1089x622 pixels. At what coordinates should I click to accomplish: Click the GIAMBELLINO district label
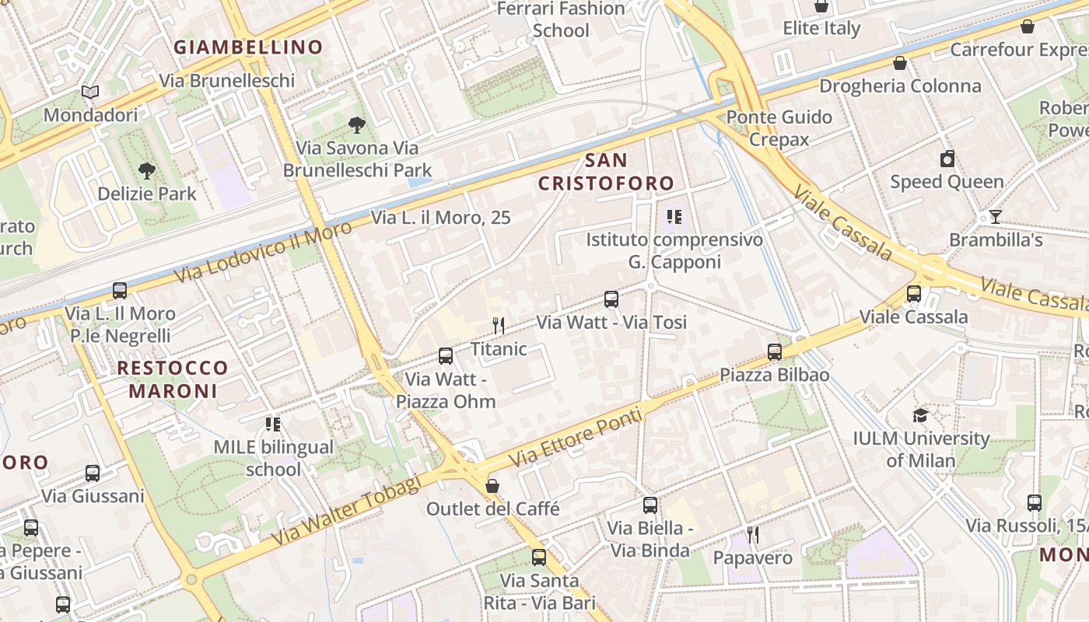(247, 47)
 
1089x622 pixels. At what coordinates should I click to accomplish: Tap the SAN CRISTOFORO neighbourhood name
(606, 172)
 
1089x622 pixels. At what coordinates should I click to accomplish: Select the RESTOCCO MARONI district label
(173, 379)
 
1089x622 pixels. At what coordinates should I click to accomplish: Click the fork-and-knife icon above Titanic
(499, 326)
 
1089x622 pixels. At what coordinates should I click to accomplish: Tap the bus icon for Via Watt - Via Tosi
(611, 299)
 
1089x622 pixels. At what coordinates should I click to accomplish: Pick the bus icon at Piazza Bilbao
(774, 352)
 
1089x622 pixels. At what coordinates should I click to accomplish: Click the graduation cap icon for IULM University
(920, 415)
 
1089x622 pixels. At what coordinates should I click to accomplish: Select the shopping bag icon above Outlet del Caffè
(492, 487)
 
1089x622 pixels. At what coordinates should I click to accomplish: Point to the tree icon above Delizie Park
(146, 170)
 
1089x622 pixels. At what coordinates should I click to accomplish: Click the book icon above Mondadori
(90, 93)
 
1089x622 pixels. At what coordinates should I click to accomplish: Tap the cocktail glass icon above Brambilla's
(995, 217)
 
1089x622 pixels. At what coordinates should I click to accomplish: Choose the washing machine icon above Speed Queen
(947, 159)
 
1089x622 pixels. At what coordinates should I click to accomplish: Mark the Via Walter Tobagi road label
(346, 511)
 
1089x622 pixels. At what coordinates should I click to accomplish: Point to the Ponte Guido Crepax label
(779, 128)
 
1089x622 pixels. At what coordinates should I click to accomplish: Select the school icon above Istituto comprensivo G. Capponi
(674, 217)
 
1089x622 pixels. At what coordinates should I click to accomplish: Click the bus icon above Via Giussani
(93, 473)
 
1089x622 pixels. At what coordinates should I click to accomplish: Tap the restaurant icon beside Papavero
(752, 535)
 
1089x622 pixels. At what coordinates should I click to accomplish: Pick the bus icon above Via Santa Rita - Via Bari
(538, 557)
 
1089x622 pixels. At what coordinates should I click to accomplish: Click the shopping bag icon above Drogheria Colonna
(900, 63)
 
